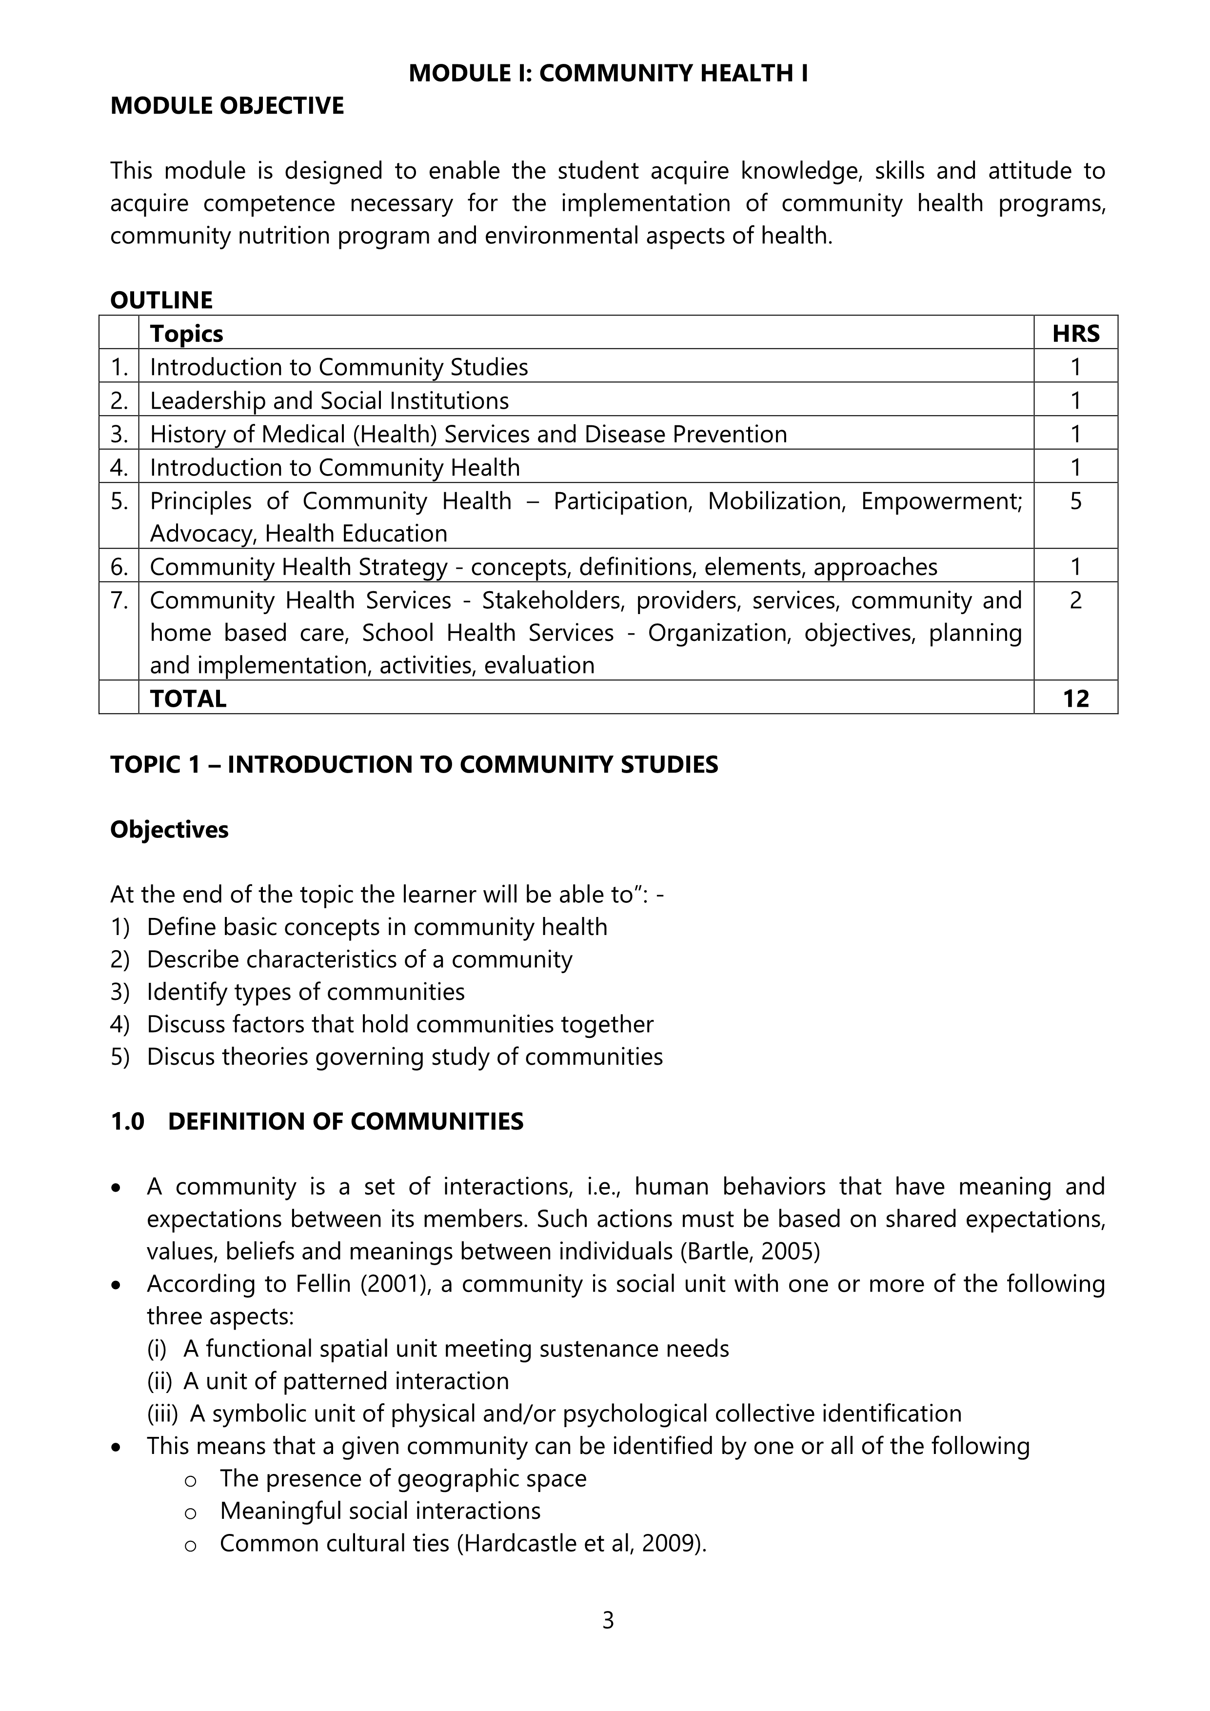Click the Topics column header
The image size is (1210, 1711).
point(186,334)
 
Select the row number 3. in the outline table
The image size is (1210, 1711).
point(119,434)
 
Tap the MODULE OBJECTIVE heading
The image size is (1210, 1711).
point(227,106)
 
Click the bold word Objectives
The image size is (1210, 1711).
point(169,830)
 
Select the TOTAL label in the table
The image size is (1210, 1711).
point(188,698)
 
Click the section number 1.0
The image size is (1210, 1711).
point(127,1121)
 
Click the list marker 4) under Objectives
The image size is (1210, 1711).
point(120,1024)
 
